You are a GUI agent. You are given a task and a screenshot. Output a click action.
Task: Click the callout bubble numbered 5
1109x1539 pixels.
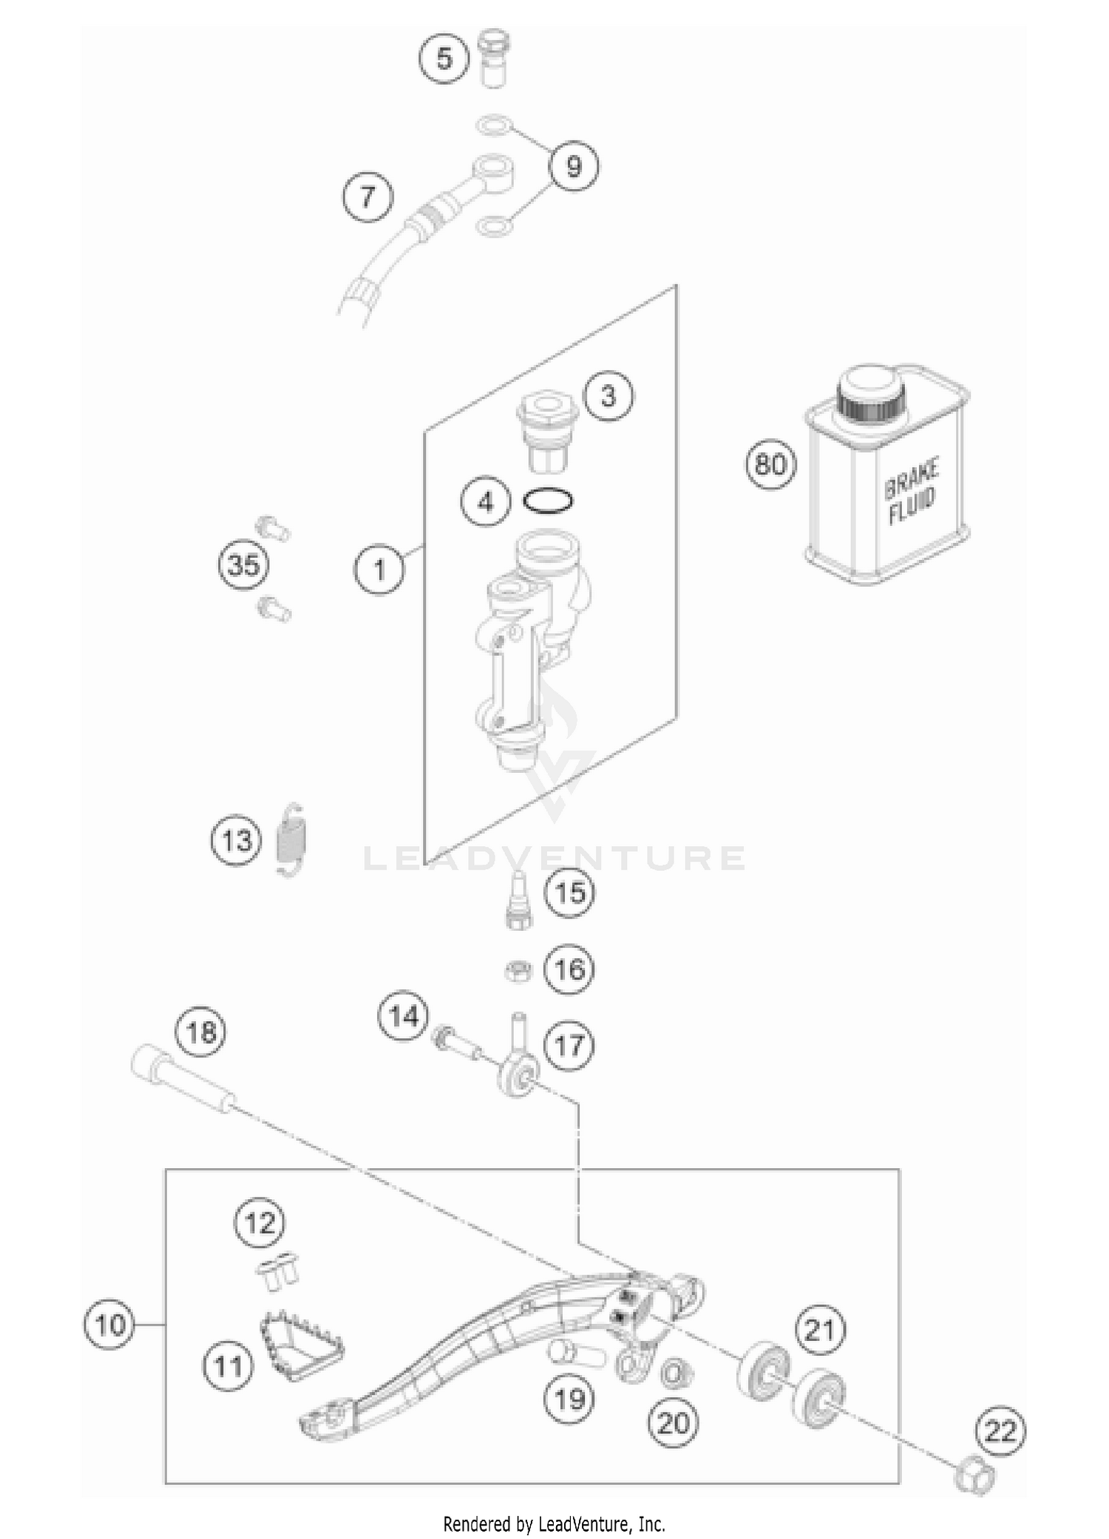(x=444, y=58)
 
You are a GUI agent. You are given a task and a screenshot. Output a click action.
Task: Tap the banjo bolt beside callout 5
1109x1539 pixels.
(x=491, y=58)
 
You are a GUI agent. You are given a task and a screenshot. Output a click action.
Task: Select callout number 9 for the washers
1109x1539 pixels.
(x=574, y=166)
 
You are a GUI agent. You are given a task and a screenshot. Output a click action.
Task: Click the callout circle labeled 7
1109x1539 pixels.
(x=367, y=197)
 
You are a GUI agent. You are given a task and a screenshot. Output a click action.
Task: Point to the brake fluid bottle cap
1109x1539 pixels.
(x=870, y=395)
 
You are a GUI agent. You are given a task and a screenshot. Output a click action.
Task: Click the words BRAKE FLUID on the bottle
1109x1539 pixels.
(x=912, y=491)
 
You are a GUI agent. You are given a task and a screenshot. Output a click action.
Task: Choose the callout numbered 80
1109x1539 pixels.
(x=770, y=465)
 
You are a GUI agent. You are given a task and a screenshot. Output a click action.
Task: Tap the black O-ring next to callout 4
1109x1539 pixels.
(x=548, y=502)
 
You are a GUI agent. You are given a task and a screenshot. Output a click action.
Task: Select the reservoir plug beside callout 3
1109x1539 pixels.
(x=548, y=432)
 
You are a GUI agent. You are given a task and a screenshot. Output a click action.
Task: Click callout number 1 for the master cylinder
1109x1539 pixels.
(x=379, y=570)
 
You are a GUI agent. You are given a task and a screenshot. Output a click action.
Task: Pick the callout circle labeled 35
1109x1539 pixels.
(x=244, y=565)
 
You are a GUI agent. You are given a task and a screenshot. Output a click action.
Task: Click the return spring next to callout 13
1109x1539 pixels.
(x=293, y=840)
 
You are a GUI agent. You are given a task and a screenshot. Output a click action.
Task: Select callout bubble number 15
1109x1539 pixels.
(x=570, y=893)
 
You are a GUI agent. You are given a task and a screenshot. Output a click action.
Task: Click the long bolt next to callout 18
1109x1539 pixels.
(x=185, y=1088)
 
